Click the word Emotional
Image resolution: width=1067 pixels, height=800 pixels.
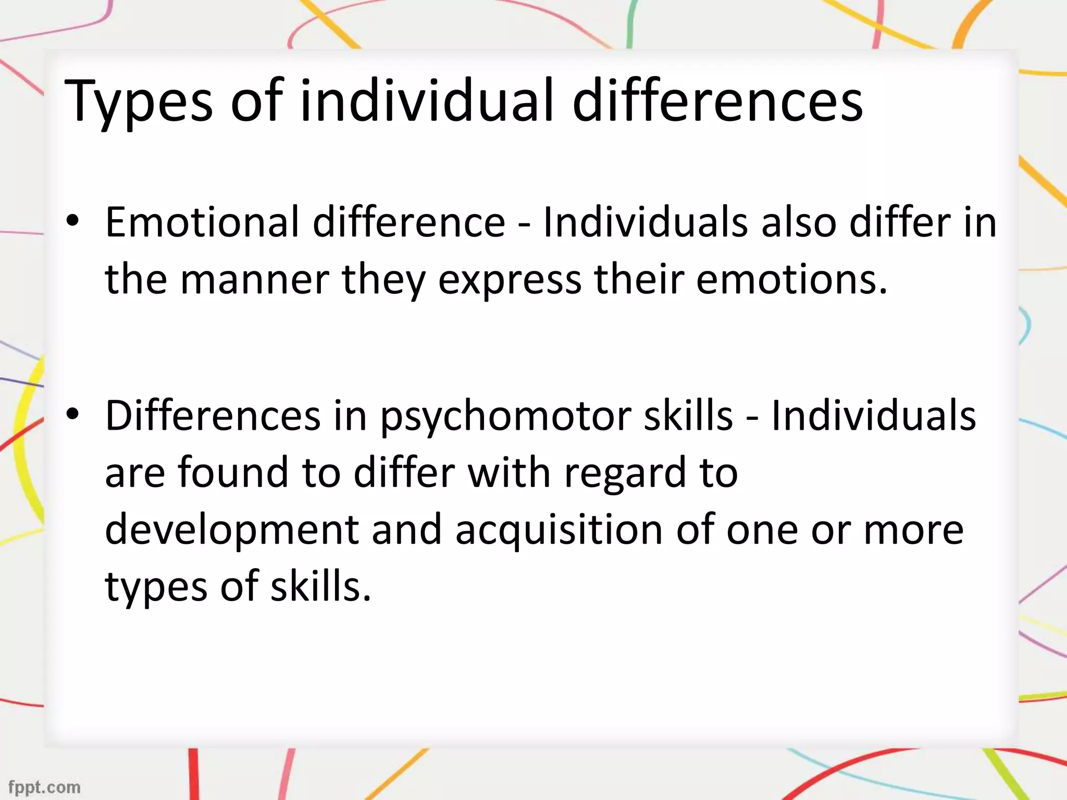point(202,222)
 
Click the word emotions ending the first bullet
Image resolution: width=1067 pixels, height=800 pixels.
point(791,280)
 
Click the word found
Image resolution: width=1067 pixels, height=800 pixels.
point(233,472)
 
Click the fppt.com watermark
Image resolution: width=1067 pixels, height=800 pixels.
point(44,786)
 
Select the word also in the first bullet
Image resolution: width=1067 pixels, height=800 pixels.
point(799,222)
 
